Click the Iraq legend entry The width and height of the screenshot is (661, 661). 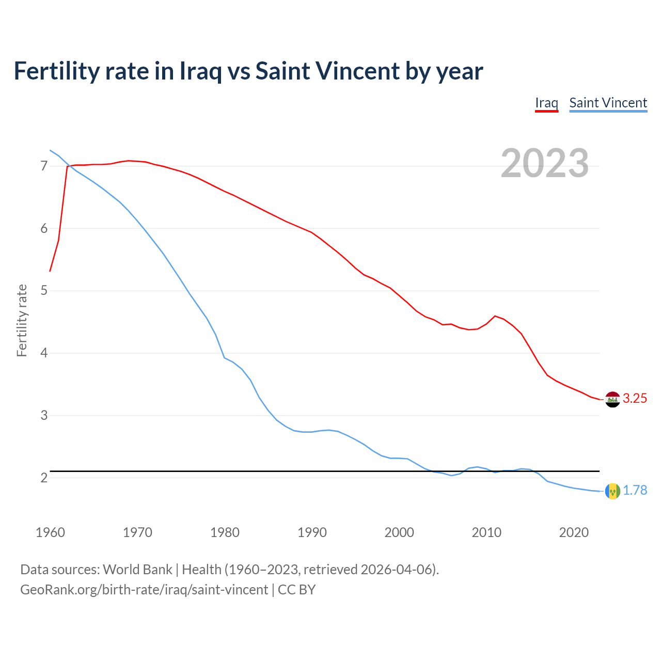click(x=546, y=103)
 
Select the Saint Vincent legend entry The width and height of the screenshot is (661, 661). click(x=608, y=103)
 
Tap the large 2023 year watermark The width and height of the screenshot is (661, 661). click(x=545, y=163)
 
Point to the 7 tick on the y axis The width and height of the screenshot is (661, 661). click(x=44, y=166)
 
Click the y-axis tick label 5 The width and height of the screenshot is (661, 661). click(x=44, y=291)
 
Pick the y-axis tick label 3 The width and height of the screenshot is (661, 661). click(x=44, y=415)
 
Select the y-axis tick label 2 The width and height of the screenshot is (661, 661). click(x=44, y=478)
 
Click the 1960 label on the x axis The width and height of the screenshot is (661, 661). click(x=50, y=532)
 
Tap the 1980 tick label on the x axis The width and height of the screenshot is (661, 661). click(x=225, y=532)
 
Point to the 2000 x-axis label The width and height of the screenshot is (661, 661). click(x=399, y=532)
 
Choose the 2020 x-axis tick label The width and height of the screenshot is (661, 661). click(x=574, y=532)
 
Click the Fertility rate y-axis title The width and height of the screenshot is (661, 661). click(x=22, y=320)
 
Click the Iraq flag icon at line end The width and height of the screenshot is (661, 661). click(x=612, y=399)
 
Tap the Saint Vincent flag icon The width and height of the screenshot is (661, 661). click(x=612, y=491)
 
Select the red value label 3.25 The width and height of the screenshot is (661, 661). click(x=635, y=398)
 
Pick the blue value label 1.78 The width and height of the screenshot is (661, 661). click(x=635, y=490)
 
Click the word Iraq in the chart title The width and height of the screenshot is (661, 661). click(x=200, y=71)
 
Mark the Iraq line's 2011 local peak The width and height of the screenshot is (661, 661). click(x=495, y=316)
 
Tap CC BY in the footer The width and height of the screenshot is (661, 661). click(x=296, y=590)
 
